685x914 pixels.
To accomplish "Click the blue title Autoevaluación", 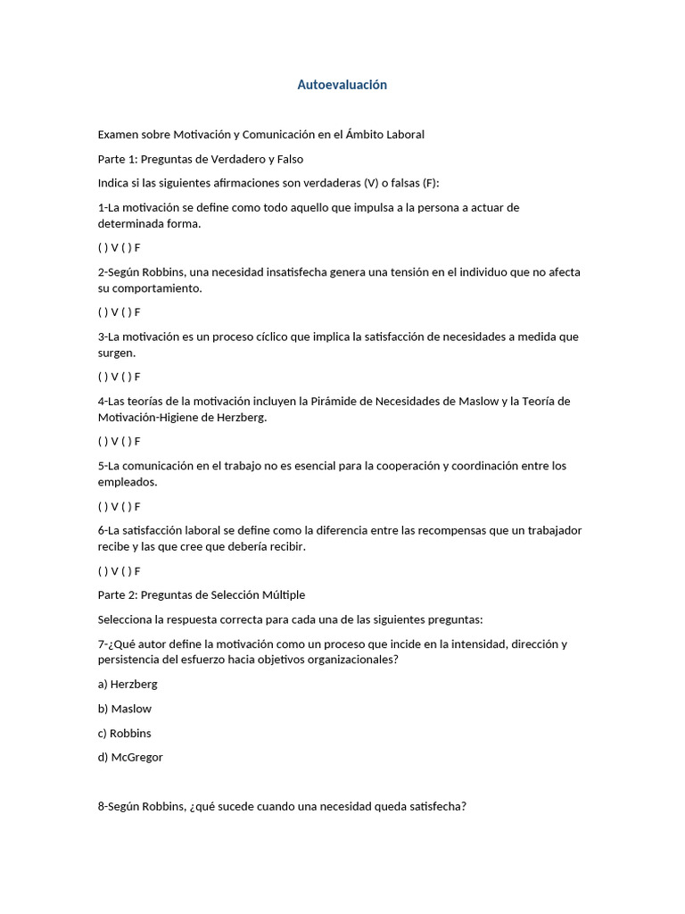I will pyautogui.click(x=342, y=85).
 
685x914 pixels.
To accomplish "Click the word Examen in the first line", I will pyautogui.click(x=120, y=135).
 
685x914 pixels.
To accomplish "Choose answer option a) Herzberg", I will pyautogui.click(x=128, y=685).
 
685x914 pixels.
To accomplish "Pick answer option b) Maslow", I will pyautogui.click(x=125, y=709).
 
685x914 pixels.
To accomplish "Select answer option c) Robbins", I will pyautogui.click(x=125, y=733).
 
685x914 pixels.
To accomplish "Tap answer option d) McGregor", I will pyautogui.click(x=130, y=757).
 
